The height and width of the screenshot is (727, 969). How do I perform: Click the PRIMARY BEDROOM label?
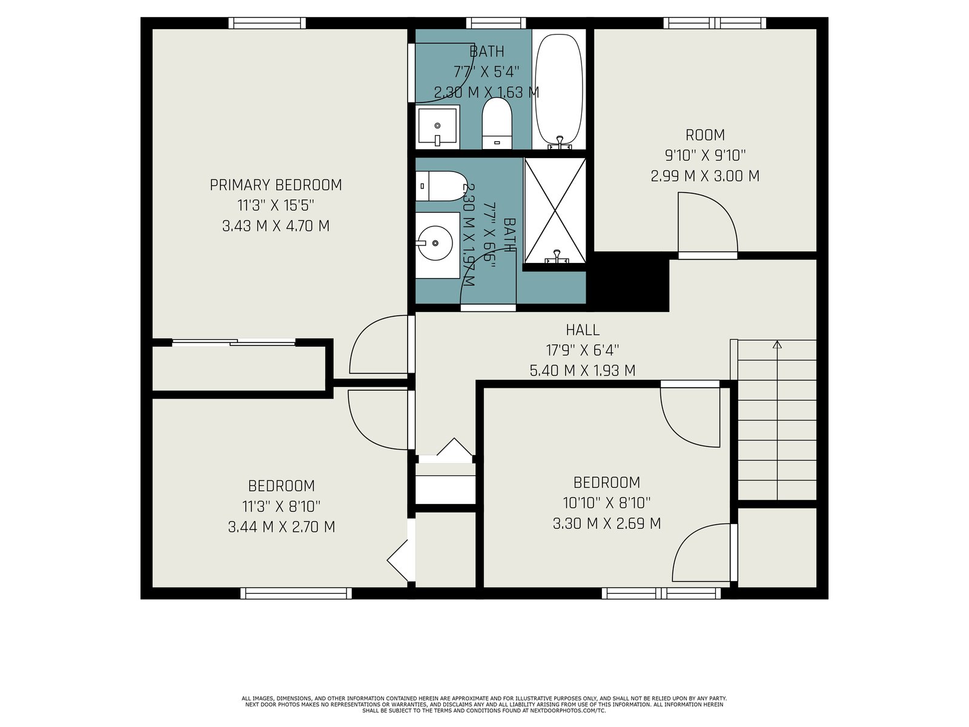(x=276, y=185)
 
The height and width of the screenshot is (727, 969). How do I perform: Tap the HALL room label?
(x=583, y=330)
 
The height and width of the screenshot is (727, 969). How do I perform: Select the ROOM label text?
(x=705, y=134)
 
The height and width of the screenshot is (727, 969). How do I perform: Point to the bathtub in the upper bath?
(x=558, y=90)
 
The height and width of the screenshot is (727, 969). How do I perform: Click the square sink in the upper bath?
(x=437, y=127)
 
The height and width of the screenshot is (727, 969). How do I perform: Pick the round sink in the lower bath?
(x=437, y=245)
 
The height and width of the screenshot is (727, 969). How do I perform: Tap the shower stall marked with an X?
(x=555, y=211)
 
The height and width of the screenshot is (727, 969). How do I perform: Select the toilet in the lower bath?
(x=441, y=186)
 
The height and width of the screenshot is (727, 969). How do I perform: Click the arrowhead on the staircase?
(x=777, y=344)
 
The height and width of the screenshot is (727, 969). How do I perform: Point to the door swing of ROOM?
(x=707, y=224)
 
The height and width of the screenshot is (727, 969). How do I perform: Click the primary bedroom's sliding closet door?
(x=234, y=342)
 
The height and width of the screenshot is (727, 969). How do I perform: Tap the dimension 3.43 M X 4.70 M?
(x=276, y=226)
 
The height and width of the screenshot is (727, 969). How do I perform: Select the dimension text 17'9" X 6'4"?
(x=583, y=350)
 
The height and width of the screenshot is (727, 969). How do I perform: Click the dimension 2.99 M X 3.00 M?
(x=705, y=176)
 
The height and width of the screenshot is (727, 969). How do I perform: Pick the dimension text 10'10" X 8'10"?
(x=607, y=503)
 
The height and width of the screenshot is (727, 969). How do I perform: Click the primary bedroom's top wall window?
(x=267, y=23)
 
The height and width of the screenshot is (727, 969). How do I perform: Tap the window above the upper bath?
(x=496, y=23)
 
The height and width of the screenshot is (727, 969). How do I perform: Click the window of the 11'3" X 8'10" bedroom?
(x=296, y=593)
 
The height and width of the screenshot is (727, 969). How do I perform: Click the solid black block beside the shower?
(x=629, y=282)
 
